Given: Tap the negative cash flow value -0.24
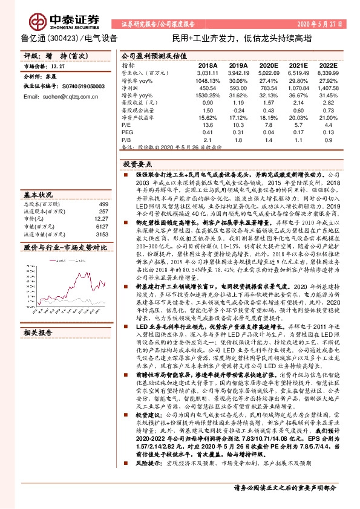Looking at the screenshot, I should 238,110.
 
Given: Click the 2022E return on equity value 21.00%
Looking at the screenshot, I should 327,117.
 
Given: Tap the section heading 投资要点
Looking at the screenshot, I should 137,164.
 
